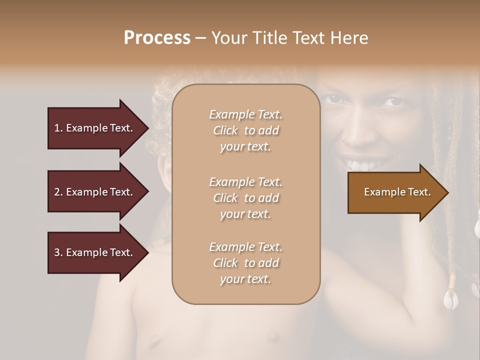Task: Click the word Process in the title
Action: pos(157,38)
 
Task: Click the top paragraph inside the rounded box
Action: pos(245,130)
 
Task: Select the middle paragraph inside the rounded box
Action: pos(245,198)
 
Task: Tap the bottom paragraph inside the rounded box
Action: pos(245,263)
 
